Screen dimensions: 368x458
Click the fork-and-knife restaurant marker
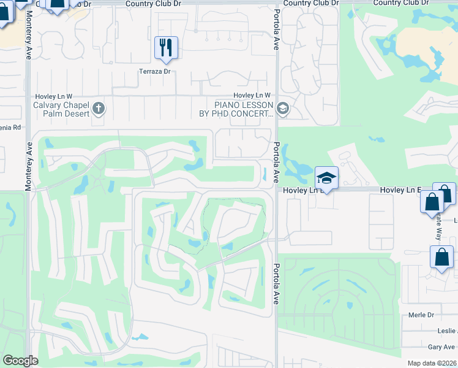(165, 47)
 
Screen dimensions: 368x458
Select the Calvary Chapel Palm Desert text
(61, 110)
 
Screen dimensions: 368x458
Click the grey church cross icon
(99, 110)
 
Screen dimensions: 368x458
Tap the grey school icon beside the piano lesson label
(282, 109)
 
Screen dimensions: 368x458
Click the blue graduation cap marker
(327, 178)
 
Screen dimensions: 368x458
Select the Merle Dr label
(421, 315)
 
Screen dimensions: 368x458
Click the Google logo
(20, 361)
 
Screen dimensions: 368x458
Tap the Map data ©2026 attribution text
(432, 363)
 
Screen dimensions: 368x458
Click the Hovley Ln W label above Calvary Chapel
(54, 96)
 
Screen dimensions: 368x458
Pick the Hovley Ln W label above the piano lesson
(252, 96)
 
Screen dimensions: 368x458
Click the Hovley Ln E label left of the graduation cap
(296, 191)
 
